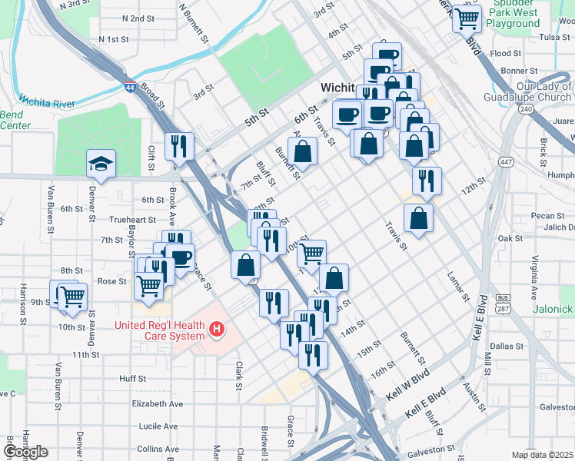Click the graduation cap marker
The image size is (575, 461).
click(x=101, y=164)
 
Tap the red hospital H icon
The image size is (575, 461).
click(x=218, y=330)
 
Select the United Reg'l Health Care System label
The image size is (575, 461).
click(x=159, y=330)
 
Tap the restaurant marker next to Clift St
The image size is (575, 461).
click(x=179, y=145)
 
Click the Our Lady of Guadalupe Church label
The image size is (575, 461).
click(x=527, y=92)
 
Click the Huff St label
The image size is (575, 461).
click(x=132, y=379)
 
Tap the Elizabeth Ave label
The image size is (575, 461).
click(x=157, y=403)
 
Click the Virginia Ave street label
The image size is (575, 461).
click(x=533, y=268)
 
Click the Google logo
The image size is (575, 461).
click(x=25, y=452)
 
